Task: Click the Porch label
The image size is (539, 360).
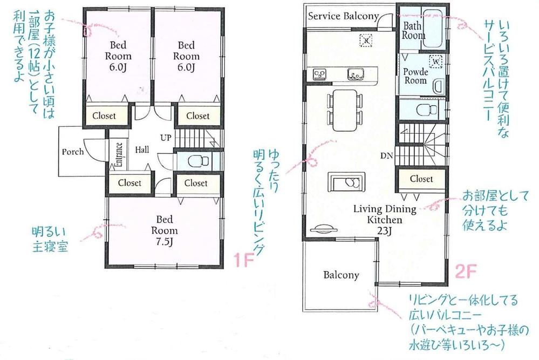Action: pos(73,152)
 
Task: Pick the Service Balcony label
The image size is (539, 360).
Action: pos(343,16)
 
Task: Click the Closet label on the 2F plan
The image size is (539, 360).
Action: pos(421,179)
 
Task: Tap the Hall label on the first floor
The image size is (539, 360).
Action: pos(142,149)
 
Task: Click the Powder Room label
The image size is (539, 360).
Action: pos(415,76)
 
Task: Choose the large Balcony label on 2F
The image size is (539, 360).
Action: pos(341,275)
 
